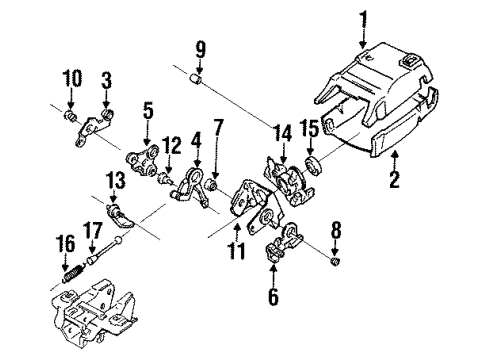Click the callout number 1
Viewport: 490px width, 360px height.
tap(364, 17)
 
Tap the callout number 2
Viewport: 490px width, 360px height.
tap(394, 181)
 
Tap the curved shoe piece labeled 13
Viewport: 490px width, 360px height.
tap(120, 213)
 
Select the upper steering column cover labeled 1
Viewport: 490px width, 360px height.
tap(380, 90)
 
